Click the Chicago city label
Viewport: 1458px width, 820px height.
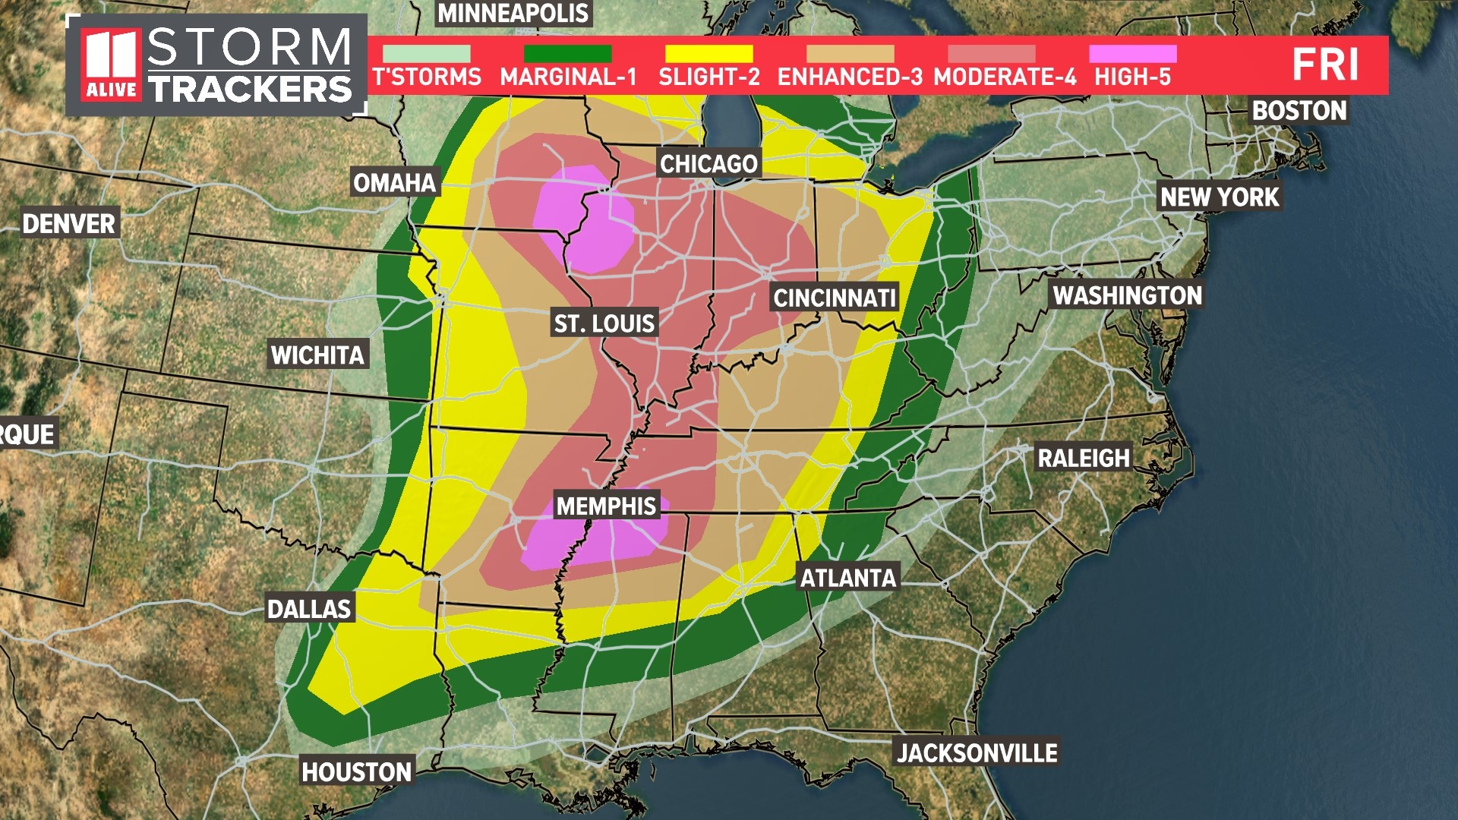tap(708, 164)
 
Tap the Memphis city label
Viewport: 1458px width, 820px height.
tap(606, 506)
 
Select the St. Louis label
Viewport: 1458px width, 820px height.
tap(604, 324)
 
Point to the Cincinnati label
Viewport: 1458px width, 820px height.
tap(835, 298)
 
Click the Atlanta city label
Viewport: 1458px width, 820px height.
tap(848, 579)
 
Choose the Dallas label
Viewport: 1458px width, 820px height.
tap(309, 609)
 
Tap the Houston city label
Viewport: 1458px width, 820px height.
tap(356, 772)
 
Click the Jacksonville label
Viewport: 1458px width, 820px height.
tap(977, 753)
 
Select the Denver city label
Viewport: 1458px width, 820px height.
tap(68, 224)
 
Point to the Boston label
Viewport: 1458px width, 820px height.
tap(1299, 111)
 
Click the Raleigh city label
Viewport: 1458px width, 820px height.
tap(1084, 459)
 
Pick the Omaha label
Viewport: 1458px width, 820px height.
tap(395, 183)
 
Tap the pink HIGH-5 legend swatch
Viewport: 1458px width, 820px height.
tap(1132, 54)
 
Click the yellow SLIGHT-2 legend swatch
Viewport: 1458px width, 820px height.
tap(708, 54)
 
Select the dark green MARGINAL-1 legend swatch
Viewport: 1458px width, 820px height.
tap(567, 54)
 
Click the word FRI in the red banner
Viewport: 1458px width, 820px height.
tap(1325, 65)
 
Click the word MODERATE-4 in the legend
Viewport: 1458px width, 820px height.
tap(1005, 77)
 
